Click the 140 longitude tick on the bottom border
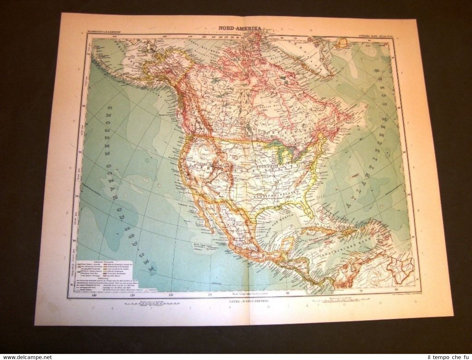[93, 294]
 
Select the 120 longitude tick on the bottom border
[171, 294]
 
